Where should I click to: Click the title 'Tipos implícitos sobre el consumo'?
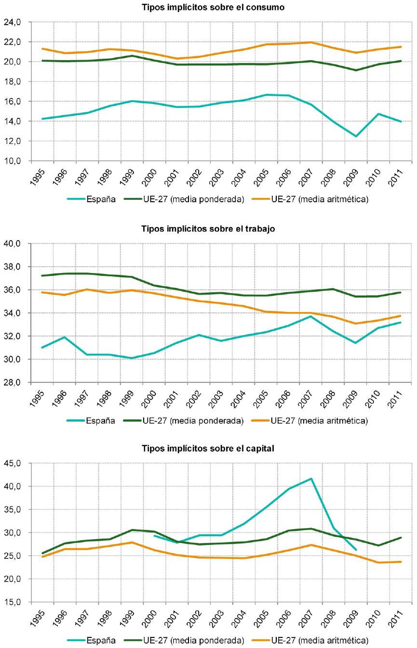tap(208, 7)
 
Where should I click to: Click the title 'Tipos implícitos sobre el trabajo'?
tap(208, 229)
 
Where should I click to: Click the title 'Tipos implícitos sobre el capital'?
tap(208, 449)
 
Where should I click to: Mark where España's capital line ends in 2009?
tap(356, 550)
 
